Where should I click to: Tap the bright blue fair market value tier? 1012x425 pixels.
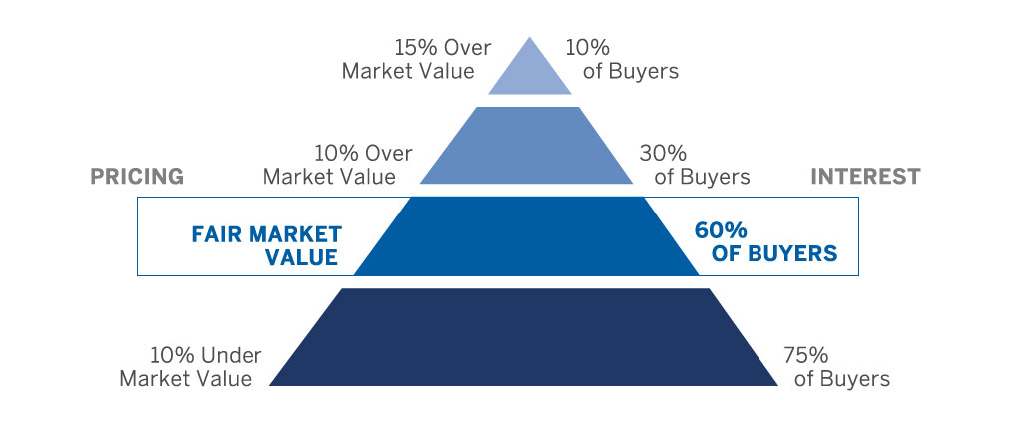click(527, 236)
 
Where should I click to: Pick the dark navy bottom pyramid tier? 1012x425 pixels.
click(524, 337)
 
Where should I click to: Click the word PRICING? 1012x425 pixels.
click(137, 176)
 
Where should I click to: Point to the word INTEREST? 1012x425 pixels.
click(865, 176)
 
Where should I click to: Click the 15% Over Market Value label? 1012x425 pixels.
click(416, 59)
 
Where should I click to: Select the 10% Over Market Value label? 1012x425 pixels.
click(338, 165)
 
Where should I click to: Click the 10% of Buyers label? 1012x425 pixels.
click(622, 59)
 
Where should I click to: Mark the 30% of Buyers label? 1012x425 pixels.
click(695, 165)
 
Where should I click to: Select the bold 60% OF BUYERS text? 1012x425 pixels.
click(765, 241)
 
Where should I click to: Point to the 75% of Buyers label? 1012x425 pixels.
click(836, 366)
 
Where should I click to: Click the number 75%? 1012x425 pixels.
click(806, 356)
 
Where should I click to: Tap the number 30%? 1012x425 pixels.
click(663, 154)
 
